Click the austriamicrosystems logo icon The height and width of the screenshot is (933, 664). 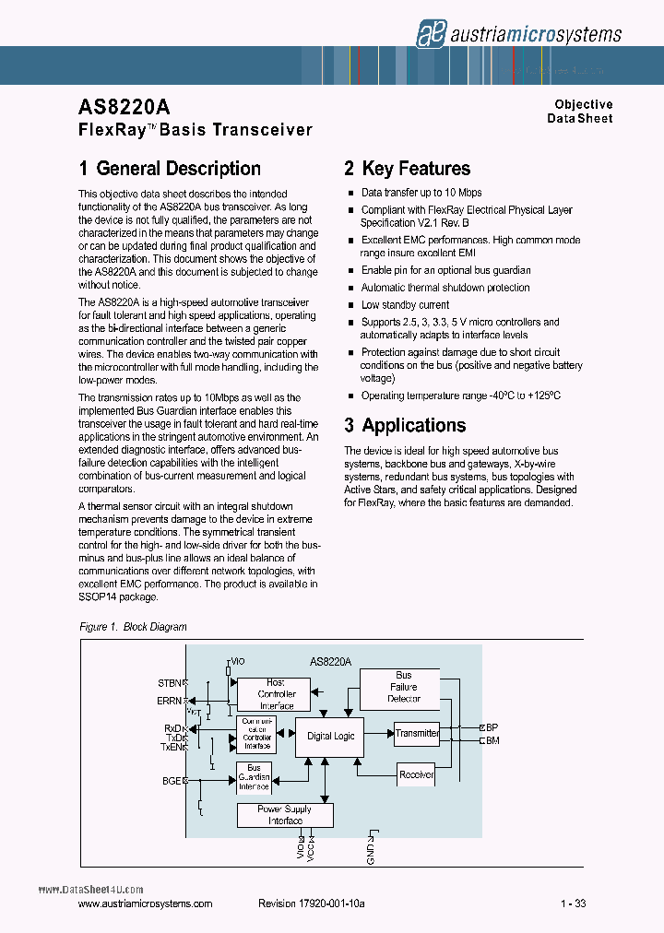[x=429, y=33]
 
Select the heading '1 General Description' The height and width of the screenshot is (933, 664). [x=170, y=169]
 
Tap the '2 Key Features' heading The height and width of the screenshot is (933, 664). [x=407, y=169]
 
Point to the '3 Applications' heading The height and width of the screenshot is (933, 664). [x=405, y=425]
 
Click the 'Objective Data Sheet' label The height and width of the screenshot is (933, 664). [x=580, y=112]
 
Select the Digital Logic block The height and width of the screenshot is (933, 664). [x=331, y=737]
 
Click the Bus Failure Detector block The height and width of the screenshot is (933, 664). [x=403, y=687]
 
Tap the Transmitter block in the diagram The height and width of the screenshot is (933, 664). [x=417, y=734]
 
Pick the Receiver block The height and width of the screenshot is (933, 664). [x=416, y=774]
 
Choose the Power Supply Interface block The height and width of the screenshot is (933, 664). [x=285, y=815]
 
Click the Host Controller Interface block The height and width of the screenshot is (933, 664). [x=276, y=693]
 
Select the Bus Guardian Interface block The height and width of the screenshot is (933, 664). [x=254, y=777]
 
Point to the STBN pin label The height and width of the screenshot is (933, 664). [x=170, y=683]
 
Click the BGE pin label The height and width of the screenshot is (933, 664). [x=172, y=780]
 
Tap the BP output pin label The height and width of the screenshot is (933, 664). [x=492, y=727]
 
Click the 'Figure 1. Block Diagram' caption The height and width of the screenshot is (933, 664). [x=133, y=627]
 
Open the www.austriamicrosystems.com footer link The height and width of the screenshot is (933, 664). [x=146, y=904]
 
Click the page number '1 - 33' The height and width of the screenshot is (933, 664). [x=573, y=904]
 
